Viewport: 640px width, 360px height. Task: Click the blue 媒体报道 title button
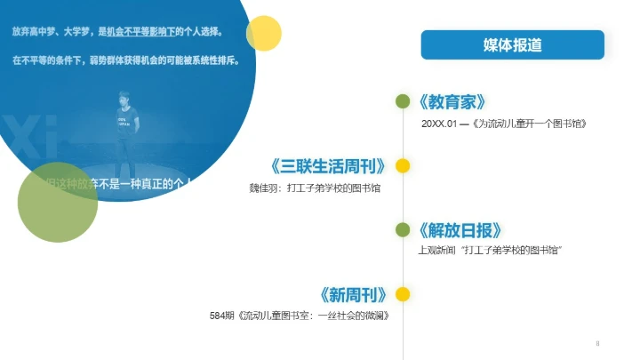point(512,44)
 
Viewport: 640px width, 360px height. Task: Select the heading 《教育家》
point(452,101)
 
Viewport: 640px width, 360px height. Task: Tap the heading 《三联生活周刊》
point(330,166)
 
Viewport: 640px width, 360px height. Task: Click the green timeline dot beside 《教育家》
point(403,101)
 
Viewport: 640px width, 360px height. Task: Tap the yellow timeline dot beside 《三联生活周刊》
point(403,165)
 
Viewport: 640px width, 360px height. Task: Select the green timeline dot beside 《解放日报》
point(403,230)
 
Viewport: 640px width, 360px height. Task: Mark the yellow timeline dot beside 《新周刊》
point(403,294)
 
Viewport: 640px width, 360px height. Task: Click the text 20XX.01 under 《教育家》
point(439,124)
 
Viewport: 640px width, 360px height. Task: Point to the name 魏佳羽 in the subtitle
point(263,188)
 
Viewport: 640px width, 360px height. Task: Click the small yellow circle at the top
point(263,33)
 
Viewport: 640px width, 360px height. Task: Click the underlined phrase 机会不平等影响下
point(142,32)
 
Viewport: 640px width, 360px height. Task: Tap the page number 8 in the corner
point(598,343)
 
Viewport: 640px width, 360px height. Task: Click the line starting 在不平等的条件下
point(125,61)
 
